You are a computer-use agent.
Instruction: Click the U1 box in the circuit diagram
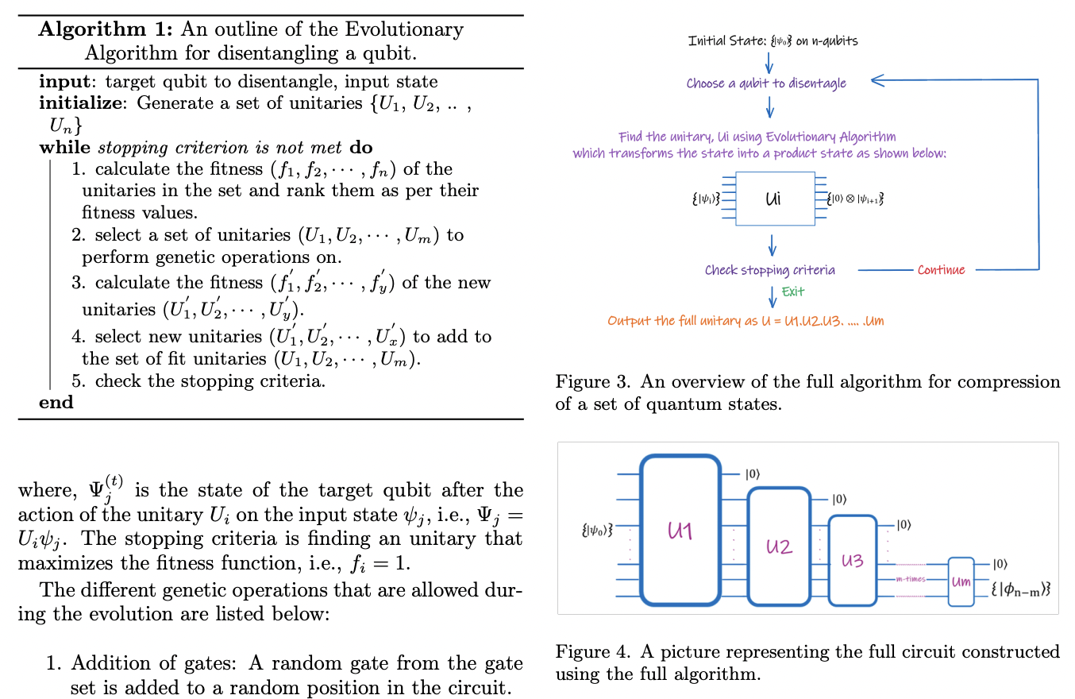[x=680, y=531]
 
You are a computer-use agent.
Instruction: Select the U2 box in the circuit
[x=779, y=546]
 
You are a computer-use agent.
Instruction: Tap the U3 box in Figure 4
[x=852, y=560]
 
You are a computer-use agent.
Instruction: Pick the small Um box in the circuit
[x=961, y=581]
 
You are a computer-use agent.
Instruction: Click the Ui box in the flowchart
[x=774, y=199]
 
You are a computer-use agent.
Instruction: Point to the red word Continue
[x=941, y=270]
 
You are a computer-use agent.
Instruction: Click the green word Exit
[x=793, y=292]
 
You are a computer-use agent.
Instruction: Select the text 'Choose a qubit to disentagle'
[x=766, y=83]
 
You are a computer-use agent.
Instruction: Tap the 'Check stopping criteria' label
[x=769, y=270]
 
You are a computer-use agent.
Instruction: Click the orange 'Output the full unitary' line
[x=746, y=321]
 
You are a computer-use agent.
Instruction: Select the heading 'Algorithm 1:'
[x=106, y=30]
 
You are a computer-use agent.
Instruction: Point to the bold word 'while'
[x=66, y=147]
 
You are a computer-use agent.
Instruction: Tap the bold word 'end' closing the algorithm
[x=56, y=402]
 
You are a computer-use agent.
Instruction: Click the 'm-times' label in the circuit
[x=911, y=579]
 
